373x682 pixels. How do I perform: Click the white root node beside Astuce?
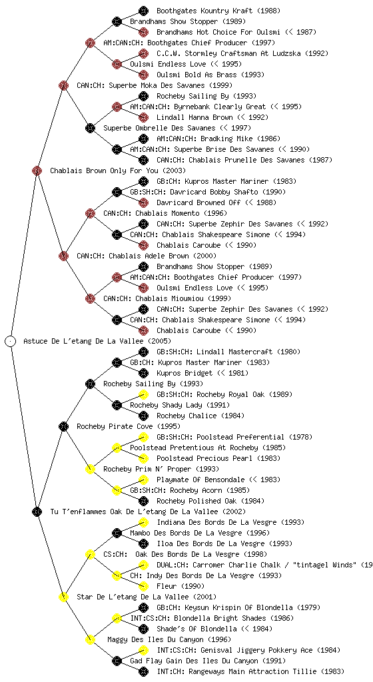click(x=11, y=341)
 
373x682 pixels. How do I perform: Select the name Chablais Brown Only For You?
click(x=104, y=170)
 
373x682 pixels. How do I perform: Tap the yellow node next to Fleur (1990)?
click(x=143, y=586)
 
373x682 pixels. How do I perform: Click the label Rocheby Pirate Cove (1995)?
click(x=129, y=426)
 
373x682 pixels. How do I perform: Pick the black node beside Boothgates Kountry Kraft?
click(x=143, y=11)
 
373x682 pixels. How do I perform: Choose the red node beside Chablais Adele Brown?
click(x=63, y=256)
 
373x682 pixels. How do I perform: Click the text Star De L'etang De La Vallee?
click(x=133, y=597)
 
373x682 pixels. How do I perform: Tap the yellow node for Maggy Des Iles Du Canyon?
click(x=90, y=639)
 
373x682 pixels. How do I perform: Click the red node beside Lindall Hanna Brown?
click(x=143, y=117)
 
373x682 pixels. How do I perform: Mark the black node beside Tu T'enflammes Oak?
click(x=37, y=511)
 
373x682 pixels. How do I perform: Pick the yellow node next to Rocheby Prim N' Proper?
click(x=90, y=469)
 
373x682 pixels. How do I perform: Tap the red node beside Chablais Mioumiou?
click(x=90, y=298)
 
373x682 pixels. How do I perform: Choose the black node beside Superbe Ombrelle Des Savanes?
click(x=90, y=128)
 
